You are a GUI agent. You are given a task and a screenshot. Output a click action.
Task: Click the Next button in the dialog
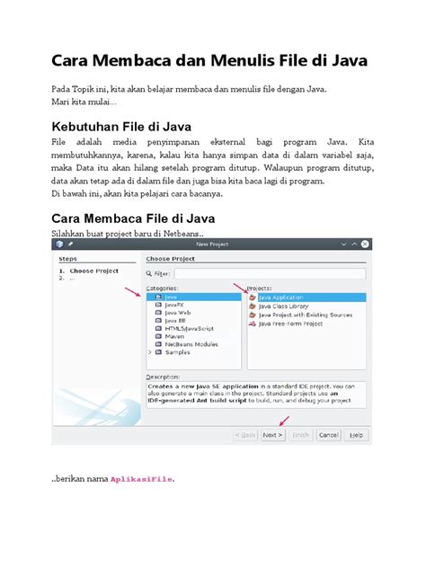[x=273, y=434]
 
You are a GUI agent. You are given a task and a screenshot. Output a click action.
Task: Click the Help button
[x=356, y=434]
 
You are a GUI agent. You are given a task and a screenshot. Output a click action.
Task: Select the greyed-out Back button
[x=245, y=434]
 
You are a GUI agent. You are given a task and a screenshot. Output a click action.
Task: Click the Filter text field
[x=270, y=273]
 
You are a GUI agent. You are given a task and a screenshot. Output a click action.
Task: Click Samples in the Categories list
[x=177, y=352]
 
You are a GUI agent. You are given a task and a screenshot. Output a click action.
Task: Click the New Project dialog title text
[x=212, y=244]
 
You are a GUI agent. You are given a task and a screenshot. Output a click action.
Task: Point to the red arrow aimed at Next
[x=284, y=420]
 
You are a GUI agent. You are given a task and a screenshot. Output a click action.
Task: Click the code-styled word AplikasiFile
[x=142, y=479]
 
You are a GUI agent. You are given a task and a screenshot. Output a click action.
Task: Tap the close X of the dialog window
[x=364, y=244]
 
